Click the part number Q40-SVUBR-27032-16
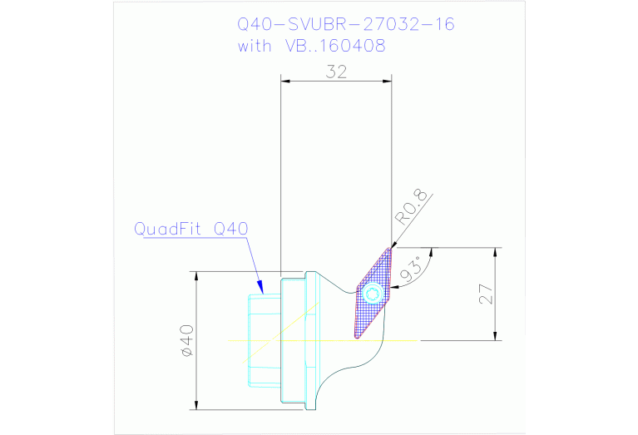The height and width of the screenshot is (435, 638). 346,24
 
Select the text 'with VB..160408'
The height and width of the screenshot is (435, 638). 311,46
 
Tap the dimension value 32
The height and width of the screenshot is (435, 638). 336,72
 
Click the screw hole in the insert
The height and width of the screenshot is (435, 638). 373,293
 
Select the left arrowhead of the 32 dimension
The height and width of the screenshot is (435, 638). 285,81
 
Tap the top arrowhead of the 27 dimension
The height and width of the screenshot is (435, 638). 497,252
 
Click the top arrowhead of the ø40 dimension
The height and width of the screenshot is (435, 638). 195,275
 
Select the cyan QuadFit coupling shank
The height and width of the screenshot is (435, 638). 265,340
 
